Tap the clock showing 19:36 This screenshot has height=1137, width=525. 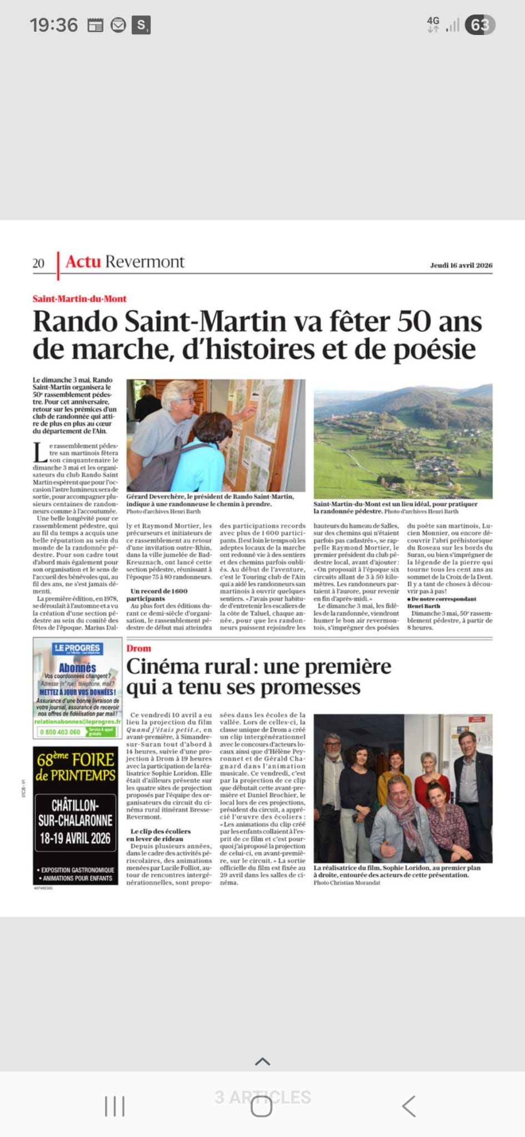pyautogui.click(x=54, y=25)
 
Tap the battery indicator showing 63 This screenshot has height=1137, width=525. pyautogui.click(x=481, y=25)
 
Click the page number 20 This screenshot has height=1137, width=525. pyautogui.click(x=38, y=263)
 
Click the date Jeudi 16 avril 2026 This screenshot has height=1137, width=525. pyautogui.click(x=461, y=265)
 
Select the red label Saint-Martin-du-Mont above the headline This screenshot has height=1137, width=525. pyautogui.click(x=79, y=299)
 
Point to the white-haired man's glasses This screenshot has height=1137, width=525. pyautogui.click(x=187, y=401)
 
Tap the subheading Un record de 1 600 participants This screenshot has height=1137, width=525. pyautogui.click(x=159, y=595)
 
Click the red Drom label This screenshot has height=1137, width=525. pyautogui.click(x=138, y=648)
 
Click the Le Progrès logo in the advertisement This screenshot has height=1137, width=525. pyautogui.click(x=77, y=648)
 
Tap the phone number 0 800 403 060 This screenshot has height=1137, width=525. pyautogui.click(x=61, y=732)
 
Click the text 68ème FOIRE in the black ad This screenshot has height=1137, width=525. pyautogui.click(x=76, y=759)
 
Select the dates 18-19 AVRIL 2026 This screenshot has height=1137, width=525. pyautogui.click(x=75, y=838)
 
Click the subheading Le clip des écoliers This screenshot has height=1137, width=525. pyautogui.click(x=161, y=831)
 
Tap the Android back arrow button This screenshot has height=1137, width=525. pyautogui.click(x=409, y=1106)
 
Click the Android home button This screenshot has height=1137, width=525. pyautogui.click(x=262, y=1106)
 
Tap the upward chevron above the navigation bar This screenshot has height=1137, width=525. pyautogui.click(x=262, y=1061)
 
